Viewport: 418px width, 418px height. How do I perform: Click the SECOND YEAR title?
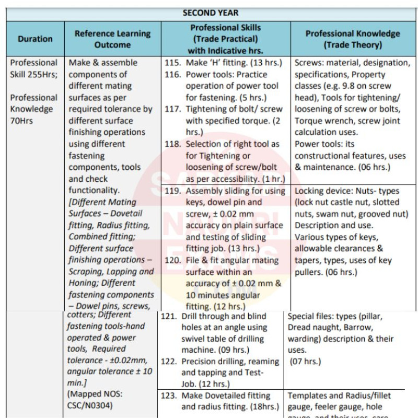pos(210,13)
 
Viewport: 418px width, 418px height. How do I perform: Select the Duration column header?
pos(35,39)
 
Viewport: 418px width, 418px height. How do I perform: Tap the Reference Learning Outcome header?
pos(112,39)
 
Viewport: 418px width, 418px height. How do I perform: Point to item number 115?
pos(172,63)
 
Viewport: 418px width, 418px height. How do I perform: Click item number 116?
pos(172,74)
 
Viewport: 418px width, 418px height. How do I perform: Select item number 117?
pos(172,109)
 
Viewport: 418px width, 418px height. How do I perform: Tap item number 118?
pos(172,144)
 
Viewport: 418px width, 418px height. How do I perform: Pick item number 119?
pos(172,191)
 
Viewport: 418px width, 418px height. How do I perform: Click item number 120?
pos(172,260)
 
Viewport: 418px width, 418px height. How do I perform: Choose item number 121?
pos(169,317)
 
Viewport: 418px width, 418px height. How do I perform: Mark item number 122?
pos(169,362)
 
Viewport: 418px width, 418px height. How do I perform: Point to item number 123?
pos(169,396)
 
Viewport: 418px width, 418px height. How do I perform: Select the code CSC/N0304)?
pos(90,405)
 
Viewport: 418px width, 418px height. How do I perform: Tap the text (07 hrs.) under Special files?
pos(305,361)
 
